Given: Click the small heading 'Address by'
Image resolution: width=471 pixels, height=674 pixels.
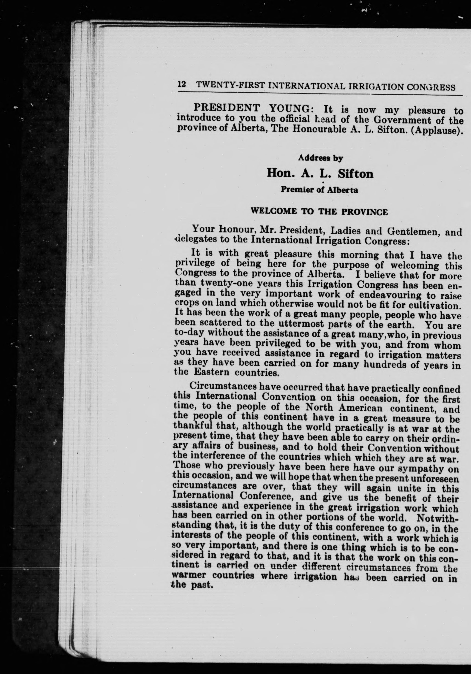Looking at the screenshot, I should click(x=321, y=158).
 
